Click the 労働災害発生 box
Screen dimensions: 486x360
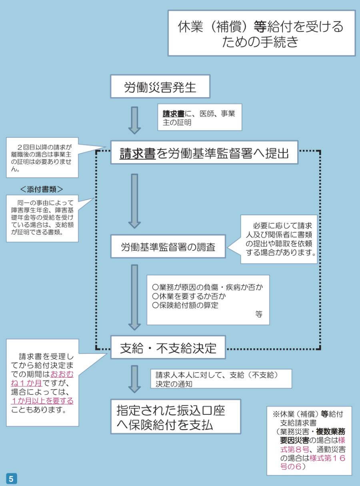[160, 86]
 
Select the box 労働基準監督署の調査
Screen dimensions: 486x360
[168, 247]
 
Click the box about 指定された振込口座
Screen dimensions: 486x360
[176, 417]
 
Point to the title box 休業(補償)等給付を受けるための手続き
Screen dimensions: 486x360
[261, 33]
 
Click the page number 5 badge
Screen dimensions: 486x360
[11, 478]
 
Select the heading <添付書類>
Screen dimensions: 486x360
[42, 188]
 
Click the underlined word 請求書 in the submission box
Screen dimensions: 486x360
[138, 153]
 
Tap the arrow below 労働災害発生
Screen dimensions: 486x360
[134, 120]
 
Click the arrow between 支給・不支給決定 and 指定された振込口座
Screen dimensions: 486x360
[134, 378]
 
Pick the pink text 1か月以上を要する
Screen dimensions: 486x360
[42, 401]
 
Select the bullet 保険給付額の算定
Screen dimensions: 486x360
[186, 305]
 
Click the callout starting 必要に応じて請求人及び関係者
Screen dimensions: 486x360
[278, 239]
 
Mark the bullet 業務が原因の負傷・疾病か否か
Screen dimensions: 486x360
[208, 288]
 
